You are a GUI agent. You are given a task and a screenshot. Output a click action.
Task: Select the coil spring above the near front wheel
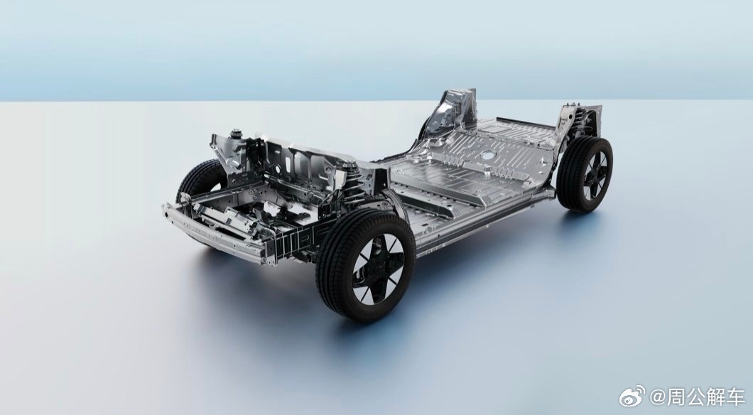pos(353,185)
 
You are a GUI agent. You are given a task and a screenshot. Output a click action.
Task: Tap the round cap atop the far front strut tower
pos(235,133)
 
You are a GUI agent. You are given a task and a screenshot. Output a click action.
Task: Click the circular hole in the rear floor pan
pos(488,155)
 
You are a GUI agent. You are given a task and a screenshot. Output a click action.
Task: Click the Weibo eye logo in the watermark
pos(632,396)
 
